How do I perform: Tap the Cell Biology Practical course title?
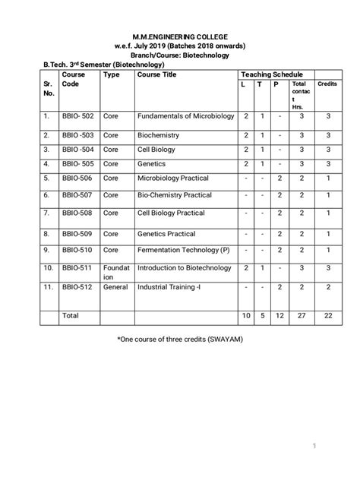tap(171, 213)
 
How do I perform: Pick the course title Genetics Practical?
tap(166, 234)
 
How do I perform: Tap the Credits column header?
tap(327, 84)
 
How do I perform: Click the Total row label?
tap(71, 314)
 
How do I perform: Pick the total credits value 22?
tap(327, 314)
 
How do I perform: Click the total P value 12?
tap(278, 314)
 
